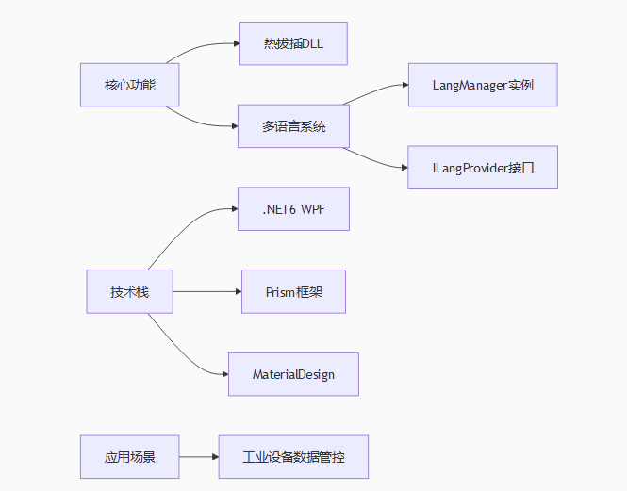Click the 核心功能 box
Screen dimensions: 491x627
(x=129, y=85)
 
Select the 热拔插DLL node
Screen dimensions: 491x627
(x=293, y=43)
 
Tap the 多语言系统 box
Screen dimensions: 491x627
(x=293, y=126)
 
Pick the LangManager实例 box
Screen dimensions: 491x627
(x=483, y=85)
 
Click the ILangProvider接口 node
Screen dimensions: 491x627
(x=483, y=168)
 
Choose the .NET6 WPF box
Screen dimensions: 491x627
(x=293, y=209)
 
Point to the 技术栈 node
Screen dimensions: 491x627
(x=129, y=292)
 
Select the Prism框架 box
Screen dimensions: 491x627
(x=293, y=292)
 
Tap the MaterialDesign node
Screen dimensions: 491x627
(x=293, y=375)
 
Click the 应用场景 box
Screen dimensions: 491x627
(x=129, y=457)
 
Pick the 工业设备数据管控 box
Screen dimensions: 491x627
(x=293, y=457)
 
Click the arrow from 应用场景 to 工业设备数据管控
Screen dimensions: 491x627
(x=198, y=457)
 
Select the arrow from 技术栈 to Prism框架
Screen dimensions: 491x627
(x=207, y=292)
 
